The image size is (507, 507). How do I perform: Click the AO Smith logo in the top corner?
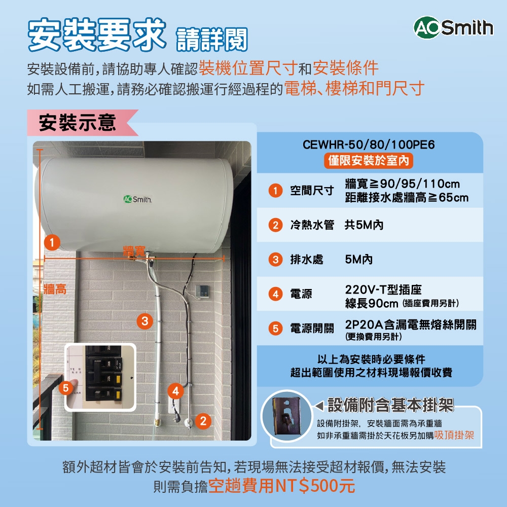tap(453, 27)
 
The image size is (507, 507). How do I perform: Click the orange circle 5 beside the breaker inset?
tap(65, 388)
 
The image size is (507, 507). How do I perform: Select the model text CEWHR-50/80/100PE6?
tap(369, 145)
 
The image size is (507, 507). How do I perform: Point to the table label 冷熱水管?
tap(312, 225)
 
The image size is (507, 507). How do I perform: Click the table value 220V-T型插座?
tap(383, 290)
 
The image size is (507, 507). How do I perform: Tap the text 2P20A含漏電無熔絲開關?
tap(411, 324)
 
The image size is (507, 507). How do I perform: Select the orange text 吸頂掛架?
tap(454, 435)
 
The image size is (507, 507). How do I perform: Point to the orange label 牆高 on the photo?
tap(55, 289)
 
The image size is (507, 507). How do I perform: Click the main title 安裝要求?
tap(97, 35)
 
